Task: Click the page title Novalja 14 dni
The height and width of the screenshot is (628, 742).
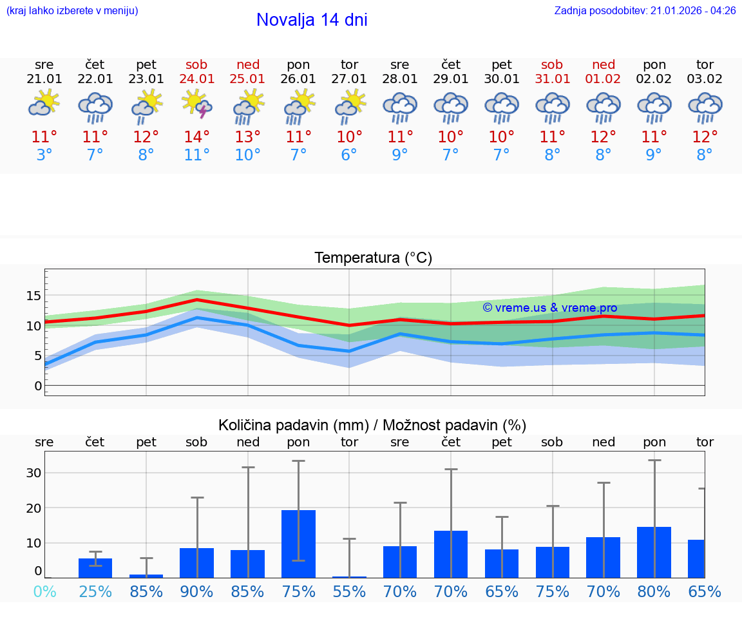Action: point(312,20)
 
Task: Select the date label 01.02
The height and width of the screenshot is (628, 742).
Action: point(604,79)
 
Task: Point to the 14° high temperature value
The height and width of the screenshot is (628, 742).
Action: point(197,137)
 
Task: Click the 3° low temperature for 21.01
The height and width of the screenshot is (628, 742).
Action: point(44,155)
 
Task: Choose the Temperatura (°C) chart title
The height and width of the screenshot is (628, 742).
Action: point(373,258)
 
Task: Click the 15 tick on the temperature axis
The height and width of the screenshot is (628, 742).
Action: point(33,296)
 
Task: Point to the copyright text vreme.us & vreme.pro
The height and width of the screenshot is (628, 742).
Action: point(550,308)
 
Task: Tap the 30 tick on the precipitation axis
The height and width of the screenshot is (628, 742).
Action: point(33,473)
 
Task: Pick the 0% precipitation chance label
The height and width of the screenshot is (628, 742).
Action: point(44,592)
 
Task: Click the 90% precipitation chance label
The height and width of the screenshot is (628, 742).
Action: point(196,592)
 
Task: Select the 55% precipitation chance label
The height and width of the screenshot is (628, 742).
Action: point(349,592)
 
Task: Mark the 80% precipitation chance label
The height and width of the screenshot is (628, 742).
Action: point(654,592)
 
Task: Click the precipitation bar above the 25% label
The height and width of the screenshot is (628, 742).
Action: point(95,567)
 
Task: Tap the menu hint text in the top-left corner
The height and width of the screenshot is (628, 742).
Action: point(72,11)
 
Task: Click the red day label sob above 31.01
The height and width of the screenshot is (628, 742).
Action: point(552,65)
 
